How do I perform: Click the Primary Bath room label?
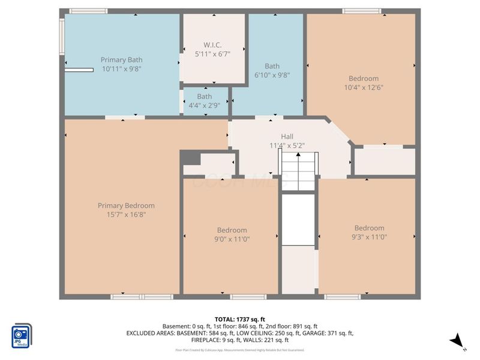point(122,60)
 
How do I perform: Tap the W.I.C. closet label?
point(212,45)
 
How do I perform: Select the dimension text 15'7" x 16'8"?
point(126,214)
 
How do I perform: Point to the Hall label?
point(287,136)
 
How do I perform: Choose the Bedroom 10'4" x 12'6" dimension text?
point(364,87)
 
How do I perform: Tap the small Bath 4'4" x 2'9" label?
point(205,97)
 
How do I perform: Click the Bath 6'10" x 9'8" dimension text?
point(272,75)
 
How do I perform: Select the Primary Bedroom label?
point(126,205)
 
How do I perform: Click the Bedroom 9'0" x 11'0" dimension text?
point(232,239)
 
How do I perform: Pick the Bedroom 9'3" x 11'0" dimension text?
point(369,236)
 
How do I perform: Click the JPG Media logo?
point(22,336)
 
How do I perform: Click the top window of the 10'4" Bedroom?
point(361,11)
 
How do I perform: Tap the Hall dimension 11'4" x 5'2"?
point(287,145)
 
